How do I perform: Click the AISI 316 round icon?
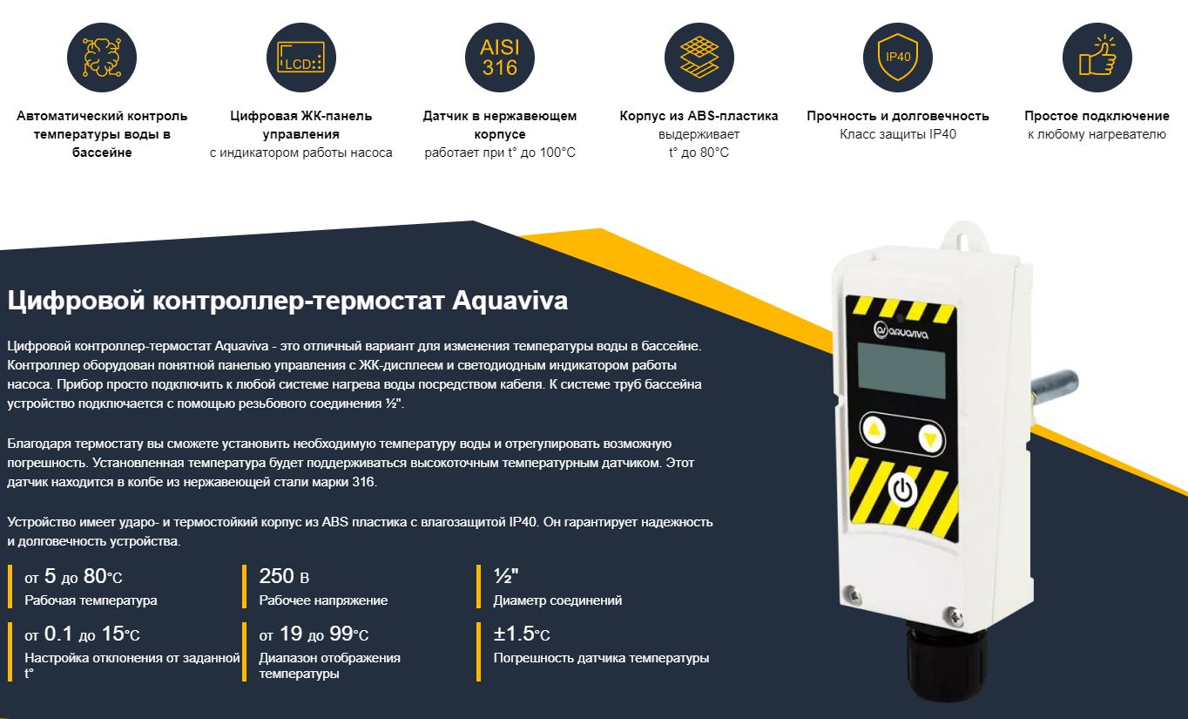[x=500, y=58]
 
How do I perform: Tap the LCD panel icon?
[x=300, y=58]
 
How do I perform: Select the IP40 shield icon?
[x=898, y=58]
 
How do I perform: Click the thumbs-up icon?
[x=1097, y=58]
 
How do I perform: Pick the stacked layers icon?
[x=699, y=58]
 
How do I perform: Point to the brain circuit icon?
[x=102, y=58]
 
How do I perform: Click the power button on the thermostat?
[x=902, y=490]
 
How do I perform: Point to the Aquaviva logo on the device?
[x=901, y=331]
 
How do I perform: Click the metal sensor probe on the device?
[x=1055, y=387]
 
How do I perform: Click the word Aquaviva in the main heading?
[x=510, y=301]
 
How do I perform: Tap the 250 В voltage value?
[x=284, y=576]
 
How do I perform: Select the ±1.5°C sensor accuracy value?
[x=522, y=634]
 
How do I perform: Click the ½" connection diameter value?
[x=505, y=576]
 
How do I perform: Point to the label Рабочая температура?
[x=91, y=600]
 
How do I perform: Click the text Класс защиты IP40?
[x=898, y=134]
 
